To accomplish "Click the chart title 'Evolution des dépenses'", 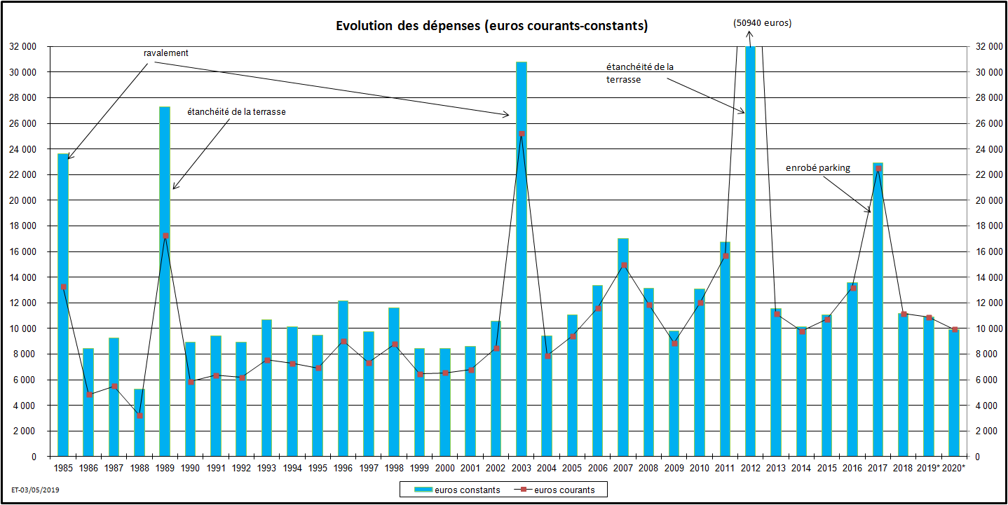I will pos(491,27).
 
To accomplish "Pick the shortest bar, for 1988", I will pos(139,427).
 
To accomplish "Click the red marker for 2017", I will pos(878,168).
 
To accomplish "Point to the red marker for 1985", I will pos(63,286).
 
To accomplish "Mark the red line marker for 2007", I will pos(623,265).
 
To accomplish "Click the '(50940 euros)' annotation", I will pos(763,23).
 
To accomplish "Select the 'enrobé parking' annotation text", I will pos(818,168).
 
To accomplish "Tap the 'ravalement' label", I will pos(166,53).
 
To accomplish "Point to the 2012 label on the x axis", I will pos(751,467).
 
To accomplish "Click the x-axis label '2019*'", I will pos(929,467).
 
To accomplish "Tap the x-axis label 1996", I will pos(343,467).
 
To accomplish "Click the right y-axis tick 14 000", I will pos(983,277).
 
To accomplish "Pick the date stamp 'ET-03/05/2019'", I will pos(36,490).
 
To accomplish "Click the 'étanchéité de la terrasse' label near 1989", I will pos(236,111).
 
